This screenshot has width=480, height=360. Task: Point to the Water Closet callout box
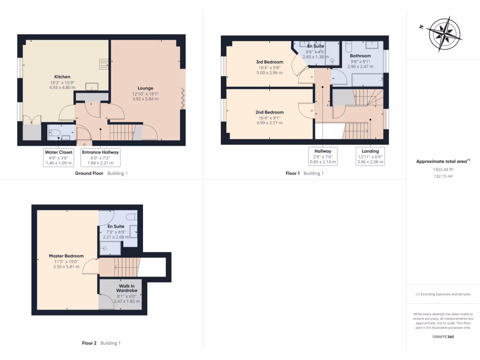coord(59,157)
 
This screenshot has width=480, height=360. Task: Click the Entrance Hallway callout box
coord(100,157)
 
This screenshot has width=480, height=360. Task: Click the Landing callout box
coord(370,157)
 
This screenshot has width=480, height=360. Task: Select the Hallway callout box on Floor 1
coord(323,157)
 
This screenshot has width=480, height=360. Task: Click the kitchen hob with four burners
coord(104,64)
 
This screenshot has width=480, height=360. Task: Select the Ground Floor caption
coord(89,173)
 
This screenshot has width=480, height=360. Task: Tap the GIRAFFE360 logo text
coord(443,337)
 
